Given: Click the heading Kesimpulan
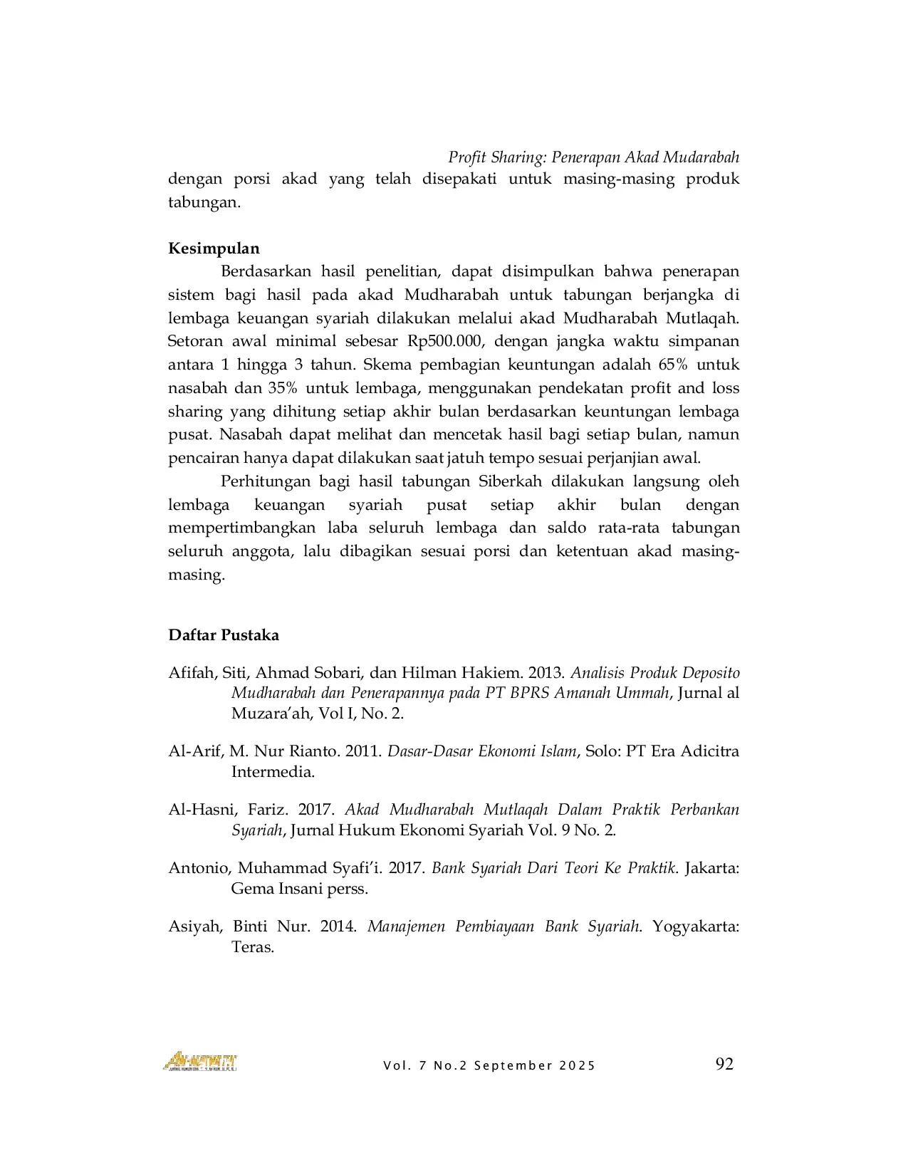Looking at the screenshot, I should click(x=214, y=249).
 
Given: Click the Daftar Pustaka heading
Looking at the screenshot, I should click(x=224, y=635).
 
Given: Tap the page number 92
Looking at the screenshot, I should click(x=724, y=1064).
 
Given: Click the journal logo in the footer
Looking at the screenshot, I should click(x=200, y=1062).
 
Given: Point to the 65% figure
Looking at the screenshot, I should click(x=670, y=365).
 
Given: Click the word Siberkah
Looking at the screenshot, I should click(x=508, y=481).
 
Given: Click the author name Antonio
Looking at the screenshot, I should click(x=199, y=868).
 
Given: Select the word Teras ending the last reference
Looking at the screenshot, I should click(x=251, y=947).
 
